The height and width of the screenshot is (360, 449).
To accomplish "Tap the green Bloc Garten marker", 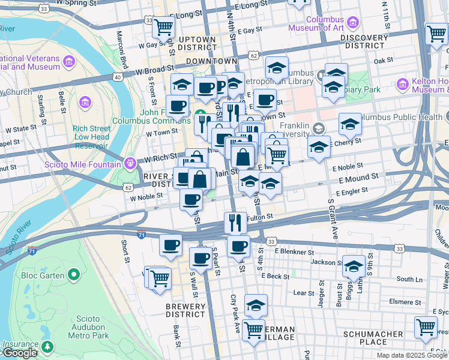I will pos(74,275).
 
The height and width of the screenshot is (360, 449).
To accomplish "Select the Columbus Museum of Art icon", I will pos(352,23).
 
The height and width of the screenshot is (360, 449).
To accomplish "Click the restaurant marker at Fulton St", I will pos(236,222).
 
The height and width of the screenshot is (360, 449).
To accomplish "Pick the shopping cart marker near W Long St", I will pos(163,26).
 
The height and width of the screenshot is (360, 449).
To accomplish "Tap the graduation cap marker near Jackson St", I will pos(354,265).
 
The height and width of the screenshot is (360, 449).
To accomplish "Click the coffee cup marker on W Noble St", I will pos(191,199).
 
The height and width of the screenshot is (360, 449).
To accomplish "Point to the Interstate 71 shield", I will pos(140,235).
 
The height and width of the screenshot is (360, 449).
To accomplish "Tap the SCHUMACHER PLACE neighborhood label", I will pos(373,338).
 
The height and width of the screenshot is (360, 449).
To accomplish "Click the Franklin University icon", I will pos(319,128).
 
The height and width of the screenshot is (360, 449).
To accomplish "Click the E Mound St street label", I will pos(358,177).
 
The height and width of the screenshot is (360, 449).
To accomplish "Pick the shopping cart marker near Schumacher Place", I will pos(426,327).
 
